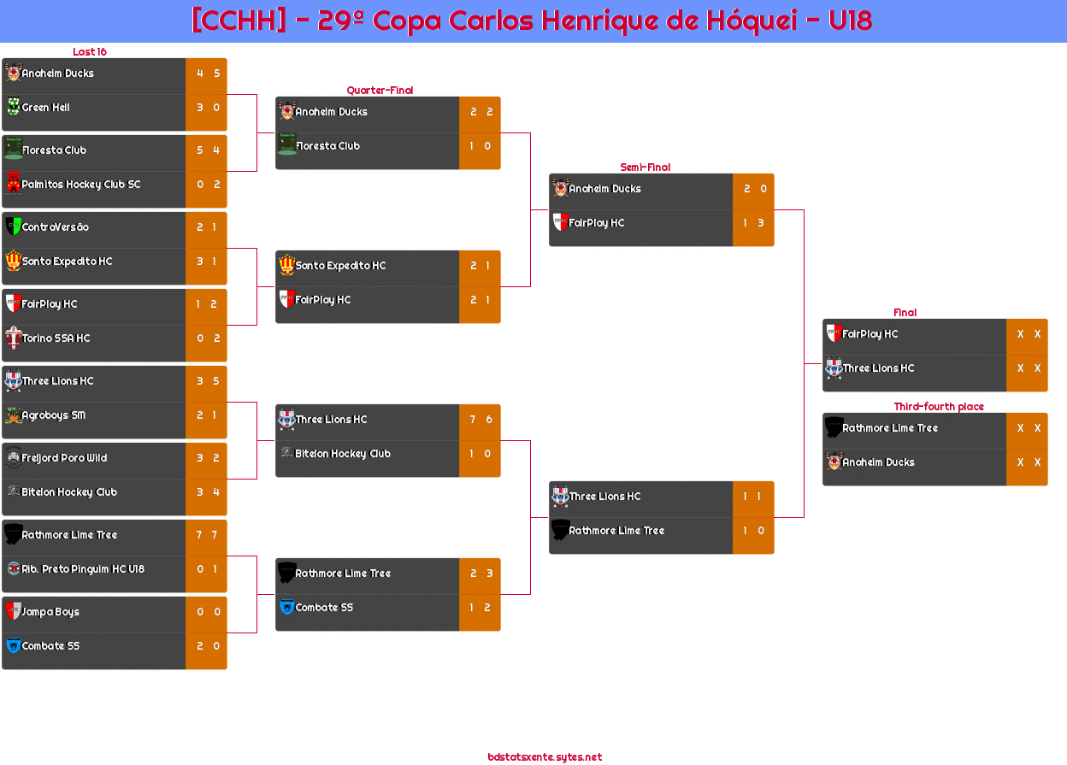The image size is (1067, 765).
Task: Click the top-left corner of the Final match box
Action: tap(823, 319)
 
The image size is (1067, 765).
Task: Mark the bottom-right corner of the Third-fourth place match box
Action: tap(1047, 485)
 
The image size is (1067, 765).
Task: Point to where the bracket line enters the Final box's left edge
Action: tap(823, 363)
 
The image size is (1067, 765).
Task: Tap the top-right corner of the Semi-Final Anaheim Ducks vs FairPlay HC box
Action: tap(774, 174)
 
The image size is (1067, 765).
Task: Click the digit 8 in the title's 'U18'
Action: tap(863, 21)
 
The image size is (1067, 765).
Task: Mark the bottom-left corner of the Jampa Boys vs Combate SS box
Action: tap(3, 669)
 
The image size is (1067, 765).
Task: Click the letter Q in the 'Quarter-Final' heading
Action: tap(351, 90)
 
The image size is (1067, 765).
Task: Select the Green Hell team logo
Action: tap(14, 107)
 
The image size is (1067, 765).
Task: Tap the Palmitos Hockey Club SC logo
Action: tap(14, 184)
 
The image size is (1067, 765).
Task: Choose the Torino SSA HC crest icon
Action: tap(14, 338)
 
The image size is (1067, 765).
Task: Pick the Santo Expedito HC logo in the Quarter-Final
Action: tap(286, 265)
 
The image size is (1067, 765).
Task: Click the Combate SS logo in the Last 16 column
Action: tap(14, 645)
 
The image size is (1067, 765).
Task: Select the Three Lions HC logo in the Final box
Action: tap(834, 368)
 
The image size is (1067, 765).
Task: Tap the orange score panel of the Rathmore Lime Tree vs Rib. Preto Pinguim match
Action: tap(206, 556)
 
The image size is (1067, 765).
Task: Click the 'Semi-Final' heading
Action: tap(645, 168)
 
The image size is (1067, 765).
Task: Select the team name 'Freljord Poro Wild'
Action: tap(64, 458)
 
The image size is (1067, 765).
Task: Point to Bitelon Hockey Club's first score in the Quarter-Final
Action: tap(472, 454)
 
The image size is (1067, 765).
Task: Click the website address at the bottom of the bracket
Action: tap(545, 757)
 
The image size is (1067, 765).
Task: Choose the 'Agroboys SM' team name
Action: tap(54, 415)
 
